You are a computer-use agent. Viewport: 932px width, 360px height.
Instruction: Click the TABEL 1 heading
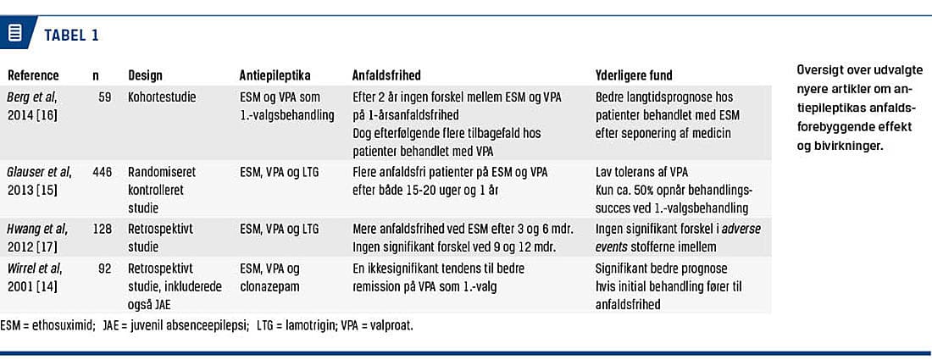(71, 35)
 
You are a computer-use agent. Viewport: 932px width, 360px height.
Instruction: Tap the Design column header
(145, 75)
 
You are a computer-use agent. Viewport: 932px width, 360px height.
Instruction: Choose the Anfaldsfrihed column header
(386, 75)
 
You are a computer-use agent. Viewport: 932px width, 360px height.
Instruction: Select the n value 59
(104, 97)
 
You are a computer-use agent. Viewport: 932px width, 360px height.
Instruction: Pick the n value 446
(102, 172)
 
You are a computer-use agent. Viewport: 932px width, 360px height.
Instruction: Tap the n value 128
(102, 229)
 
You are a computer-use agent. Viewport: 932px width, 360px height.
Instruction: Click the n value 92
(104, 268)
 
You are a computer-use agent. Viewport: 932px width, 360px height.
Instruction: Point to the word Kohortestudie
(162, 97)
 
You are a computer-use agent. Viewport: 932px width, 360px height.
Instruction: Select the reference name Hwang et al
(35, 229)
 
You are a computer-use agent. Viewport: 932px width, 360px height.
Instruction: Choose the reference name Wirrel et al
(35, 268)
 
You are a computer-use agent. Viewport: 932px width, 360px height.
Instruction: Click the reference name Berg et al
(31, 97)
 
